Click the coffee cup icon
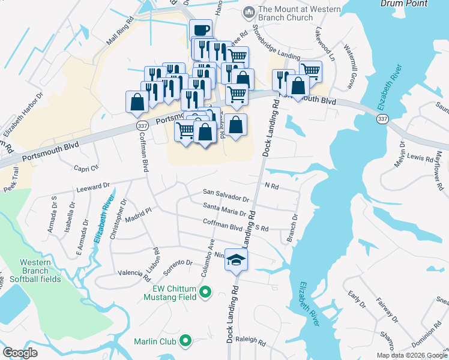200,29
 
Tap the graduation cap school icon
236,259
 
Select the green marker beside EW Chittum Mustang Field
206,293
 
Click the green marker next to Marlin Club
185,341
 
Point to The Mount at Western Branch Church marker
249,12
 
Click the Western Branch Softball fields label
40,271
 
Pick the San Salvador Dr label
226,196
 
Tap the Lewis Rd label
420,158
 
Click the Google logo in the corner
20,353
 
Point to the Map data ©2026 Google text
412,355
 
